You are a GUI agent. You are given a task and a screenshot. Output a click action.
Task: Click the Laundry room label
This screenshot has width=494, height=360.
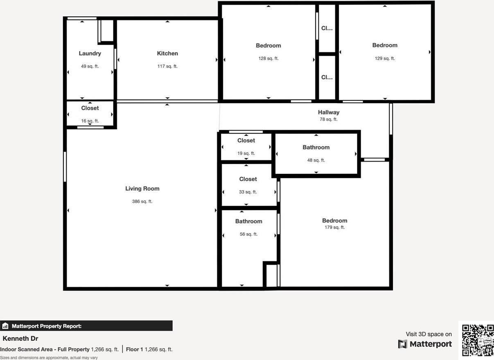(90, 54)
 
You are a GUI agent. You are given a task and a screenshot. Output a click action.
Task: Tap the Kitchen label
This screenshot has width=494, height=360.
(167, 54)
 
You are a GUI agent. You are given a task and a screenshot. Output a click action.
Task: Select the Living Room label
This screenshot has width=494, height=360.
(142, 189)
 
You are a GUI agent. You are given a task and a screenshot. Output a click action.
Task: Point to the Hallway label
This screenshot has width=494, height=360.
(329, 112)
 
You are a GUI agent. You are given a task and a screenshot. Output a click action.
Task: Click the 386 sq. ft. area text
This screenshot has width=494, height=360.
(142, 202)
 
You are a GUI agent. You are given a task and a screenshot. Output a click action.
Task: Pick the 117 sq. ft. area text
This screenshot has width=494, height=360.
(167, 66)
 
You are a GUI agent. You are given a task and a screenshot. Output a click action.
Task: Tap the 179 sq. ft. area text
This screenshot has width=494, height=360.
(334, 227)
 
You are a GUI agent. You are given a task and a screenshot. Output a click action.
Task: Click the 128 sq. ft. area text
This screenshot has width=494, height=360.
(268, 59)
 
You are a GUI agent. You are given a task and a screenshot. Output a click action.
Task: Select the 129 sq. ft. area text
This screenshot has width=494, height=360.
(385, 59)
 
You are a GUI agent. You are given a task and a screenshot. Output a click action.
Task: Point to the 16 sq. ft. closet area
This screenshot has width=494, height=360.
(90, 121)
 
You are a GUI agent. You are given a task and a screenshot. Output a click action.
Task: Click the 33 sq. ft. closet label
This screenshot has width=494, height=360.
(248, 179)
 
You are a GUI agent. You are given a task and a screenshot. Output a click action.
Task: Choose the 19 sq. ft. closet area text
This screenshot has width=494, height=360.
(246, 153)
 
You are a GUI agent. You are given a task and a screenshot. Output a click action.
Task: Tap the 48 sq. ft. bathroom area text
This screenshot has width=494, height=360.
(316, 160)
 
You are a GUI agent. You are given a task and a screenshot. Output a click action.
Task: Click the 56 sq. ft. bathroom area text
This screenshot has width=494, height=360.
(248, 234)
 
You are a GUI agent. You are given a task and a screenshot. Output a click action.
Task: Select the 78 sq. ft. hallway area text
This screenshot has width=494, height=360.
(329, 119)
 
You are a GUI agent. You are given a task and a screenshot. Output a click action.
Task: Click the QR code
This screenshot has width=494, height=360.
(478, 340)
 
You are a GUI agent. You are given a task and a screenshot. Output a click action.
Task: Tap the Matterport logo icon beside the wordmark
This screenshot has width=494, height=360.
(403, 344)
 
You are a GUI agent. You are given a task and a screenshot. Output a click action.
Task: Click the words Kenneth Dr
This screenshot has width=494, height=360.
(20, 339)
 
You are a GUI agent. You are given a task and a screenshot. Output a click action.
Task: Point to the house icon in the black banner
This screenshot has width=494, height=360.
(5, 326)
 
